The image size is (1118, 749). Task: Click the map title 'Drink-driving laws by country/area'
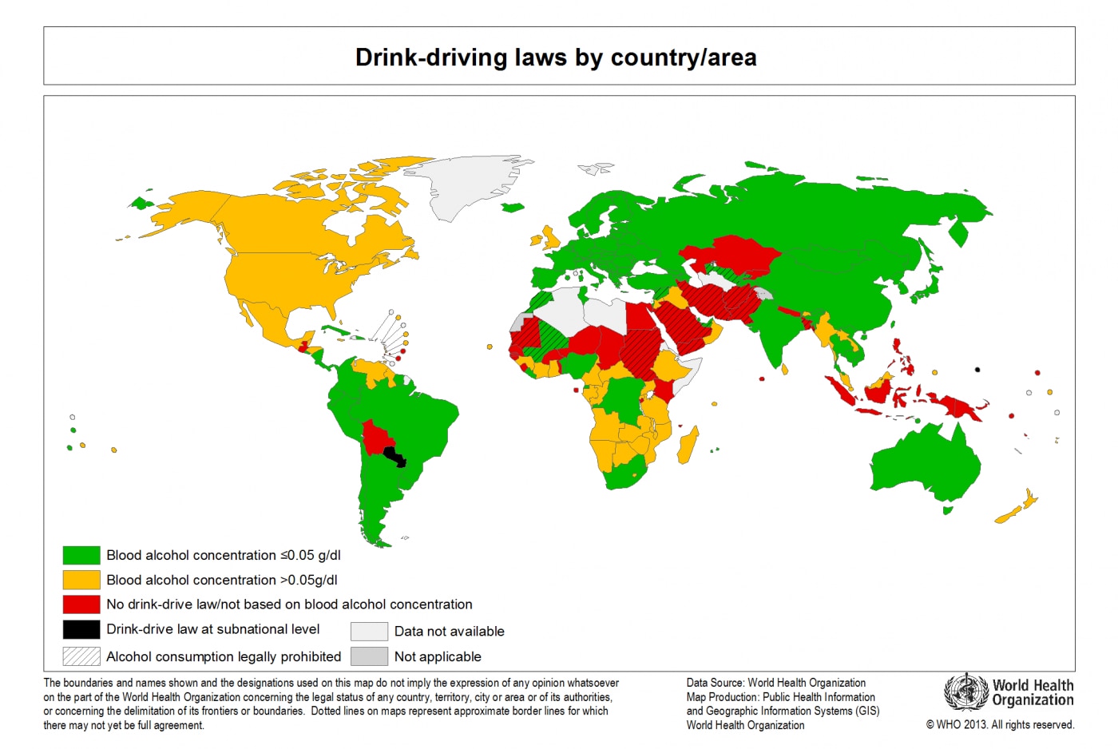point(556,57)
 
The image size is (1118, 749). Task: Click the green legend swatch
point(81,555)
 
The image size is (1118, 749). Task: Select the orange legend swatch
point(81,580)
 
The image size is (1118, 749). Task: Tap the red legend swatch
point(81,604)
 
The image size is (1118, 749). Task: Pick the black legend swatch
point(81,629)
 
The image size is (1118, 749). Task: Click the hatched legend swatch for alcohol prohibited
point(81,656)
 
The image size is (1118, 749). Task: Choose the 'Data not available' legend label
point(449,632)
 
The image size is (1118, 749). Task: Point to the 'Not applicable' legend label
point(438,657)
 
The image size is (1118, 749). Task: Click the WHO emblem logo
point(965,692)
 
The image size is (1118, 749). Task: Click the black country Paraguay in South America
point(395,457)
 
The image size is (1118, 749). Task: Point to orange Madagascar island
point(688,446)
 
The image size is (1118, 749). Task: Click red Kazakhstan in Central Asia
point(735,254)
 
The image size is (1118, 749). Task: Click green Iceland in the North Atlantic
point(513,208)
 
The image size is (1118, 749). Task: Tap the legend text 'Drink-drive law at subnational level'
point(213,629)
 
